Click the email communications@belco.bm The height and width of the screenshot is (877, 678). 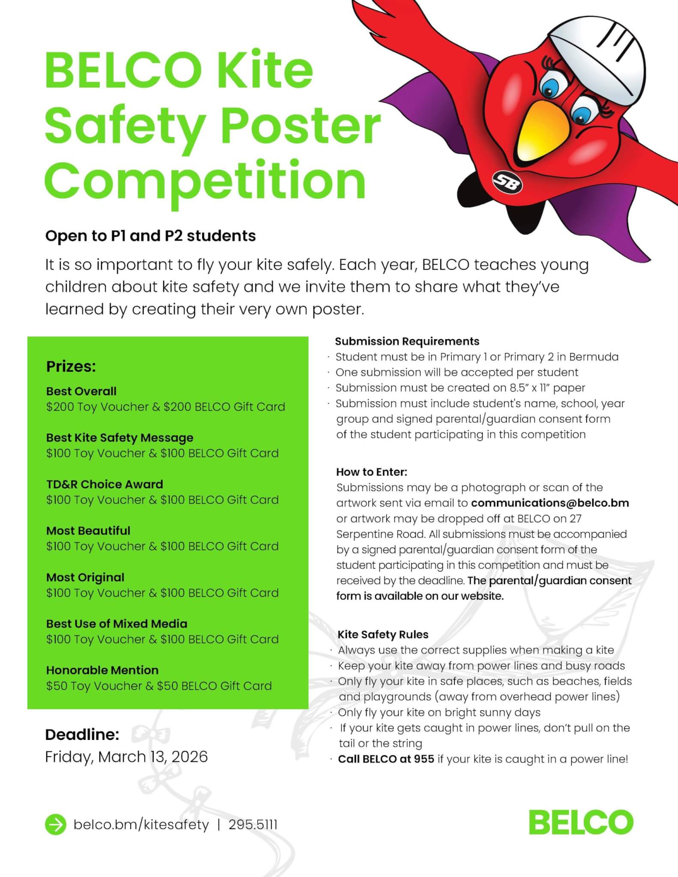coord(550,503)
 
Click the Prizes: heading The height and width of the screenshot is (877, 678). coord(71,367)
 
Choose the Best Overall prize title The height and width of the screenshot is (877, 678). coord(81,391)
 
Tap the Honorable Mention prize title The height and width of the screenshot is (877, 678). coord(102,670)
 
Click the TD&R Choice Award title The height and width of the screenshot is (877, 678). coord(105,484)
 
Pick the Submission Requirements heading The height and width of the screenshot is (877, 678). coord(407,341)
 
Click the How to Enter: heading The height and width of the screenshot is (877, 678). coord(371,472)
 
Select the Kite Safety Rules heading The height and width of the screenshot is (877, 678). coord(383,634)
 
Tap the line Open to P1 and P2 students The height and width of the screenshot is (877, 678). coord(150,236)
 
